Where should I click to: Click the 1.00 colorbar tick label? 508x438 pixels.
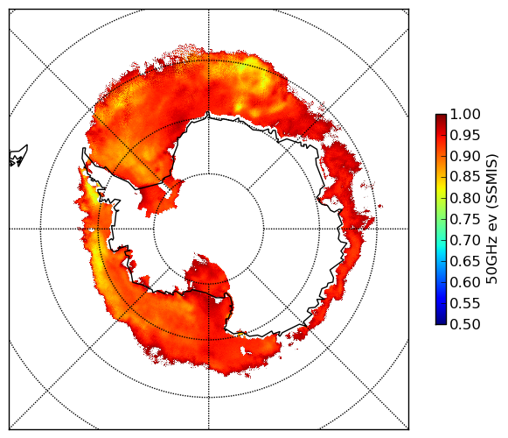465,114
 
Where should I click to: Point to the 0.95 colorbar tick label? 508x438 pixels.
465,136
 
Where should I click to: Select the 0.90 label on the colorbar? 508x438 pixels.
465,156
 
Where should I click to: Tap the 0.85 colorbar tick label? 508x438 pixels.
465,177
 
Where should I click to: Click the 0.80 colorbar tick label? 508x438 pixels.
465,198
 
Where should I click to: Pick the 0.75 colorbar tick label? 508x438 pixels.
465,219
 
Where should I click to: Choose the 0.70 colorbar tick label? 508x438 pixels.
465,240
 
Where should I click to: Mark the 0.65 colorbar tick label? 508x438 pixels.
465,261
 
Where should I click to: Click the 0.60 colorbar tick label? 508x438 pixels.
465,282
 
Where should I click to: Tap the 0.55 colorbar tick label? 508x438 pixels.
465,303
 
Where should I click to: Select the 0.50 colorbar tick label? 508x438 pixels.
465,324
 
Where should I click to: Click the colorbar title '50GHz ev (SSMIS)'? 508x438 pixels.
492,219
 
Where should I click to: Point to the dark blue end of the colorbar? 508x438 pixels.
441,320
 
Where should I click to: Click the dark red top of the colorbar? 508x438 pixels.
441,118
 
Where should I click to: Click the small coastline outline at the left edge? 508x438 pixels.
18,156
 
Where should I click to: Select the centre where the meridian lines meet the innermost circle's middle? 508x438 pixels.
209,229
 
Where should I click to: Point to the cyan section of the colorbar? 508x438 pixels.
441,245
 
